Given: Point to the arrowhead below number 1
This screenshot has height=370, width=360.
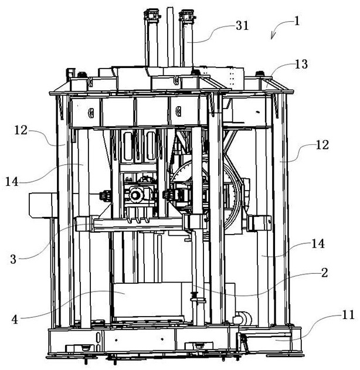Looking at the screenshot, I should (x=273, y=37).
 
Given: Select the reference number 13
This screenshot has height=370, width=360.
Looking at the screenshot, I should (x=301, y=65).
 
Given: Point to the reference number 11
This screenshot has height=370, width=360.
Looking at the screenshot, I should (x=348, y=315).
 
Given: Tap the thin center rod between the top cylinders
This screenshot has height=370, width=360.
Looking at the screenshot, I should (x=169, y=35).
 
